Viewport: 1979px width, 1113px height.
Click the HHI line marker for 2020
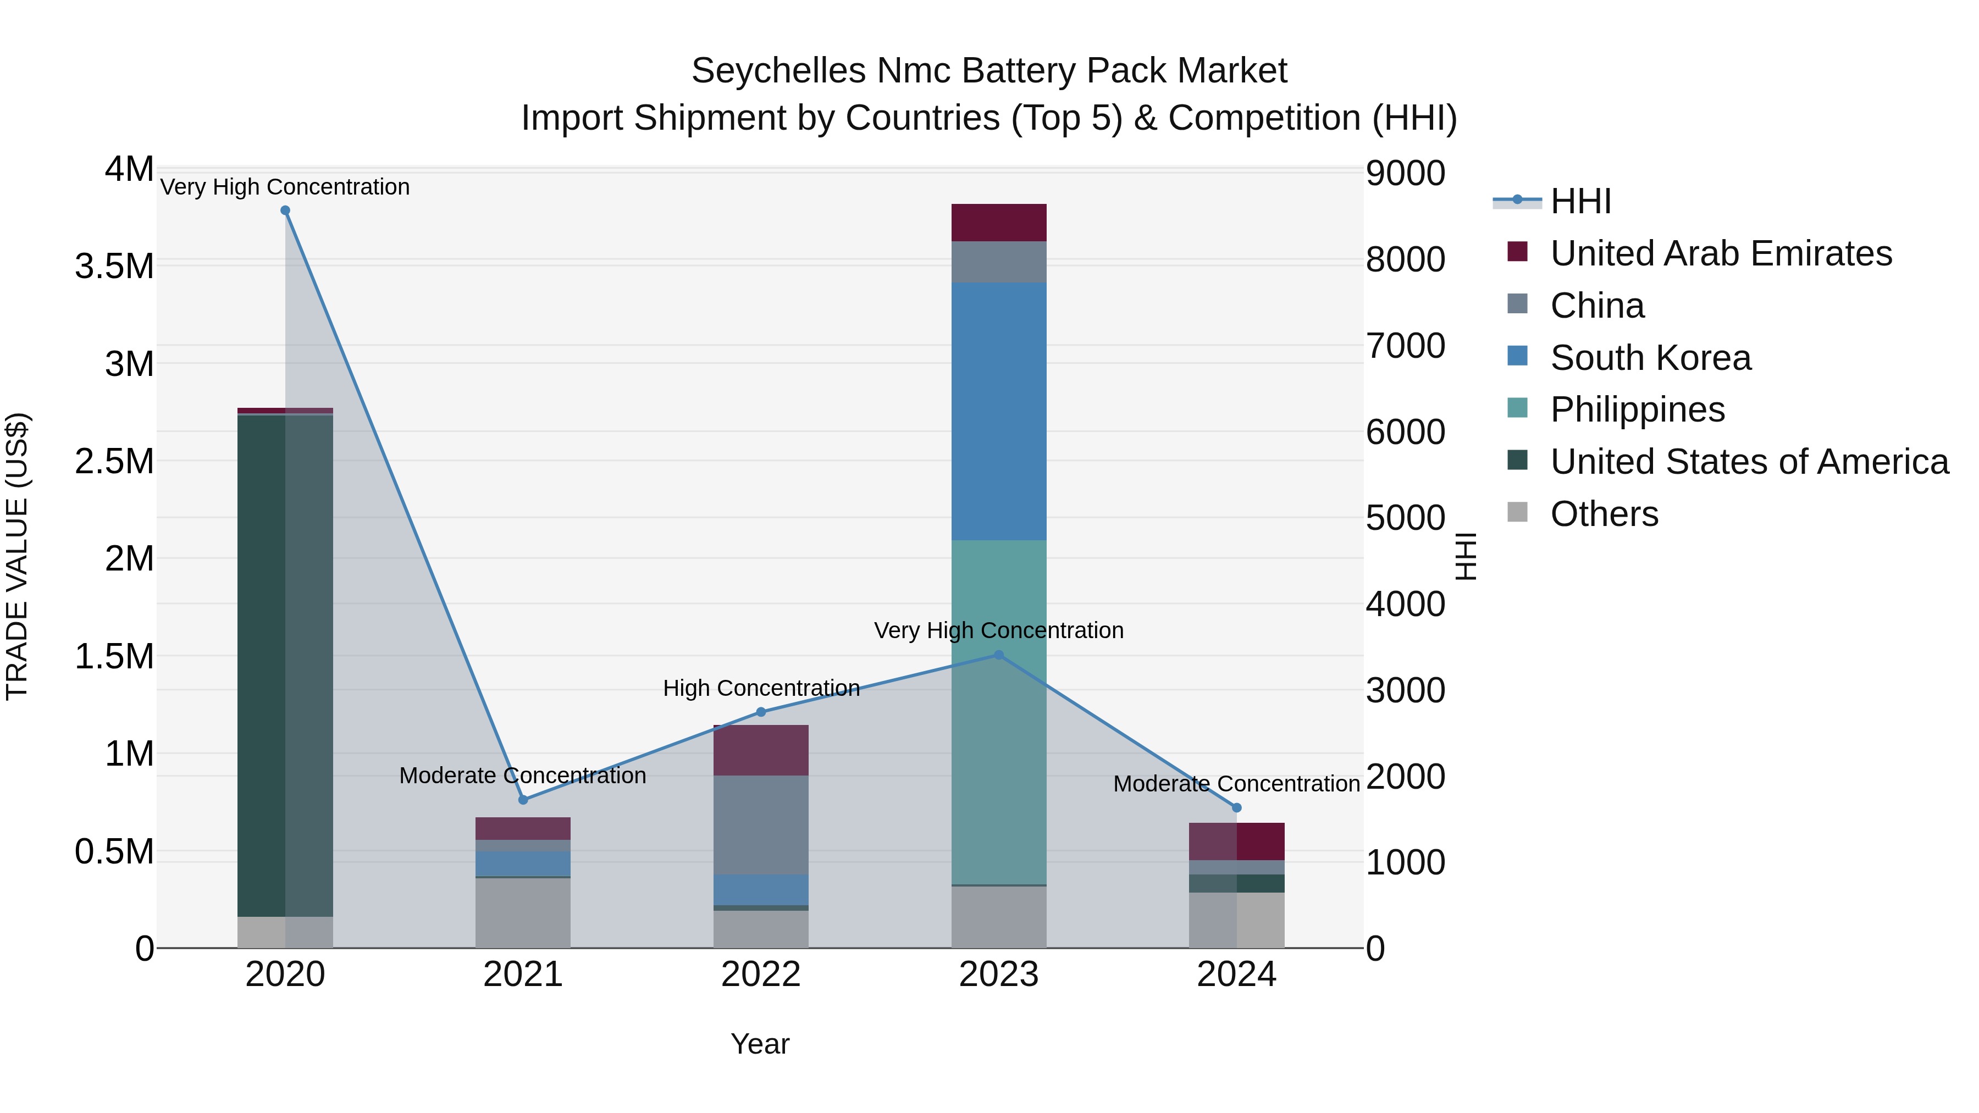tap(285, 211)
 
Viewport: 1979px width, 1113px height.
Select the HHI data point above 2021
tap(523, 800)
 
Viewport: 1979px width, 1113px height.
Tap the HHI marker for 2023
tap(999, 655)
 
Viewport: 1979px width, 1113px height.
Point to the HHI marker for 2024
tap(1237, 807)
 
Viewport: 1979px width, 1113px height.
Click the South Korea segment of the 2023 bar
tap(999, 411)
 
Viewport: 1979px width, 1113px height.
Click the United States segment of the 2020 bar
tap(261, 665)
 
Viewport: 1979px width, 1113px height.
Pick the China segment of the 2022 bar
tap(761, 824)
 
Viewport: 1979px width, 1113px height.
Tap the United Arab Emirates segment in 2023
tap(999, 223)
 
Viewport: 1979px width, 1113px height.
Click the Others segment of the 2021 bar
tap(523, 912)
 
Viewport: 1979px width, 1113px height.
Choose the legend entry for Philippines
tap(1637, 409)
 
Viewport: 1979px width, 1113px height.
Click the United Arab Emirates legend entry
tap(1720, 253)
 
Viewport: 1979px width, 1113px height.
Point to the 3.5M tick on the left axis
tap(114, 267)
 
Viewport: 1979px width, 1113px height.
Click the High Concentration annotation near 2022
tap(761, 688)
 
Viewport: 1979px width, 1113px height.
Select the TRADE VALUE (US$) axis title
tap(17, 556)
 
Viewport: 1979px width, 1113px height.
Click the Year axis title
tap(760, 1044)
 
